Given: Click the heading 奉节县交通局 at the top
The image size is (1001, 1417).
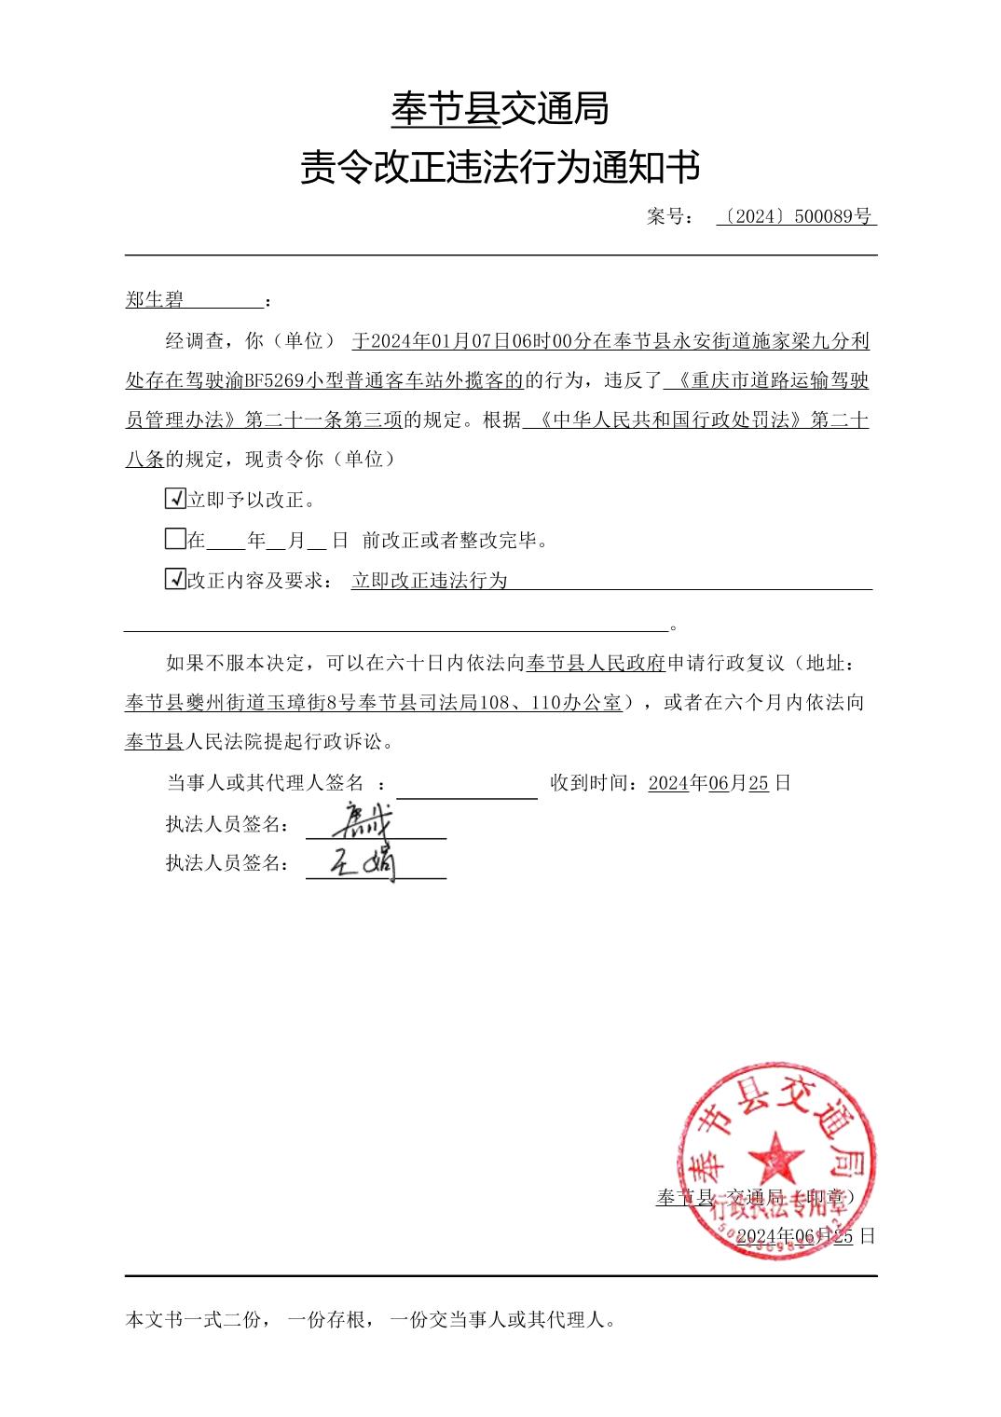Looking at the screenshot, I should coord(500,109).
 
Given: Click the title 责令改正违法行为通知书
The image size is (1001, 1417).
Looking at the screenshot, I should coord(500,169).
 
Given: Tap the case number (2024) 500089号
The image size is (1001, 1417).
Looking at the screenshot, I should coord(797,217).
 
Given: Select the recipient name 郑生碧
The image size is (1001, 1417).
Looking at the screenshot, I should coord(155,300).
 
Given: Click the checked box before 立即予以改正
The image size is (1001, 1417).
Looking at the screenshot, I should coord(174,499).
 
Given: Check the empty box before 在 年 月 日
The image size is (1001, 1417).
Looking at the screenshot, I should coord(174,539).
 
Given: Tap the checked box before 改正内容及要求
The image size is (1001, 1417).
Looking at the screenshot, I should coord(174,579).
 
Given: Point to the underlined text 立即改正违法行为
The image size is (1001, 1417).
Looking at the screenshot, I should coord(430,580).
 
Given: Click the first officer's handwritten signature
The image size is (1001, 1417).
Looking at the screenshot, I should coord(366,820).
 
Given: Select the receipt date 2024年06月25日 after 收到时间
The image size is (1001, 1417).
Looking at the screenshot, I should coord(720,783).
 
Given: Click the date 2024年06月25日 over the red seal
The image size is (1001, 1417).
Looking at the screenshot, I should coord(805,1236).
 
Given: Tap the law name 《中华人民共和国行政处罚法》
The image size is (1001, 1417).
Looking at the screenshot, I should coord(665,420).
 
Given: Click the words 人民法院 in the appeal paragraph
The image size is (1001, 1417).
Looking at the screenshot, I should coord(225,743).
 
